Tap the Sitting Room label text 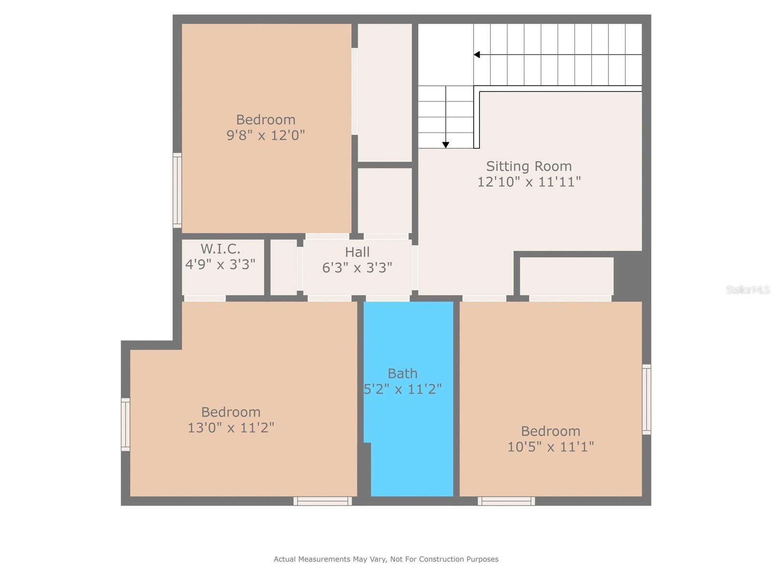[x=529, y=166]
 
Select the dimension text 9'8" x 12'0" [x=266, y=135]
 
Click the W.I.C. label [x=221, y=249]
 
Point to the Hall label [x=357, y=252]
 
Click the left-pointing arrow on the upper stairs [x=477, y=55]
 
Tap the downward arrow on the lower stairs [x=446, y=145]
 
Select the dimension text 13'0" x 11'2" [x=231, y=427]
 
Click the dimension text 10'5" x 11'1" [x=550, y=447]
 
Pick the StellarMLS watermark [x=748, y=289]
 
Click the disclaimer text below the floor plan [x=386, y=559]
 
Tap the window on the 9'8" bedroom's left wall [x=177, y=190]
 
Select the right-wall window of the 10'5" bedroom [x=647, y=400]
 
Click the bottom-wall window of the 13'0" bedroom [x=323, y=501]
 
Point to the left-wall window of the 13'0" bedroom [x=125, y=425]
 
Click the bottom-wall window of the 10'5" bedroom [x=506, y=501]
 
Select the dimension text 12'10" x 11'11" [x=529, y=182]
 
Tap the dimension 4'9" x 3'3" [x=221, y=264]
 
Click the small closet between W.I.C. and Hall [x=284, y=267]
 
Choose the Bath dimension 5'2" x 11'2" [x=403, y=389]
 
